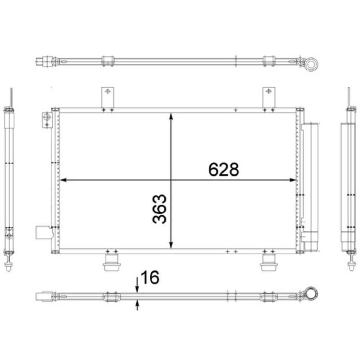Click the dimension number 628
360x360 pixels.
coord(224,170)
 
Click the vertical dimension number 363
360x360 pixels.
coord(159,209)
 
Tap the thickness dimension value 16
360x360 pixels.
coord(150,277)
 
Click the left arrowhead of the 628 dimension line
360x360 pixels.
coord(63,180)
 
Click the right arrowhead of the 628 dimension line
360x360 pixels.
coord(293,180)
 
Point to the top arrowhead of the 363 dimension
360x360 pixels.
coord(171,116)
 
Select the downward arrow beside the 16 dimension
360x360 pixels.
coord(137,285)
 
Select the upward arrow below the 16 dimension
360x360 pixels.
coord(137,305)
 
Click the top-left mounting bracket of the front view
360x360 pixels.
coord(108,97)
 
